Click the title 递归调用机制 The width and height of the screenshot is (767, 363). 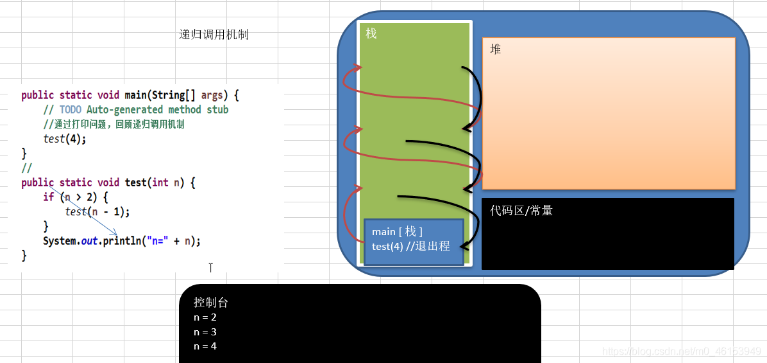click(214, 35)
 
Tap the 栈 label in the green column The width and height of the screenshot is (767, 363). click(371, 33)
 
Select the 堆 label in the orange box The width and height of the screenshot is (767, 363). click(495, 49)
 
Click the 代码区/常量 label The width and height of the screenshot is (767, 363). click(521, 210)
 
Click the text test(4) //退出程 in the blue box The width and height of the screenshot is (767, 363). click(410, 246)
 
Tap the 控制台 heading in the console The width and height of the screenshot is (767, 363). click(210, 303)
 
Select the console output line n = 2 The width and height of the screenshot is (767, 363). click(205, 317)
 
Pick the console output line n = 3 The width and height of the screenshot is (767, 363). click(205, 332)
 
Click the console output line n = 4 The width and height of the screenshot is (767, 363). click(205, 346)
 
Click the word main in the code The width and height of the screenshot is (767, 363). click(137, 95)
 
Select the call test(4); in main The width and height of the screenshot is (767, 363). click(64, 139)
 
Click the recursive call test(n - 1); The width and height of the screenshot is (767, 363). click(97, 211)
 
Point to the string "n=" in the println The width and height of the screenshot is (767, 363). click(156, 242)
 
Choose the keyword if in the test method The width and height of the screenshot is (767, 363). click(48, 197)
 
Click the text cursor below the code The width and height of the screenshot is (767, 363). click(210, 267)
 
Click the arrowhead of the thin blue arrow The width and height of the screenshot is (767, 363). click(115, 233)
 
